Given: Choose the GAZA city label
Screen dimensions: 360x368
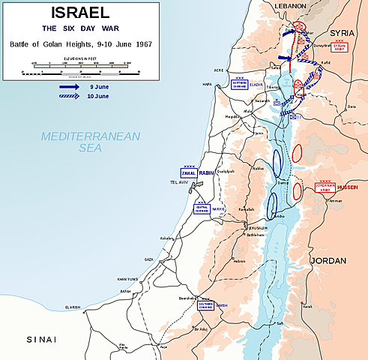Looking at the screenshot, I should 149,258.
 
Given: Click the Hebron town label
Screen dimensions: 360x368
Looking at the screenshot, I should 238,261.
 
